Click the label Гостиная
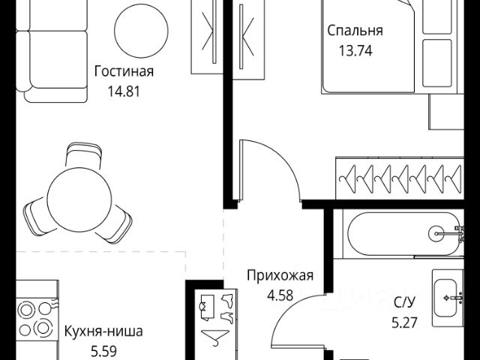[124, 72]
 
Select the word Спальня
[355, 31]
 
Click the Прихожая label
[280, 275]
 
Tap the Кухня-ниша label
[103, 331]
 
